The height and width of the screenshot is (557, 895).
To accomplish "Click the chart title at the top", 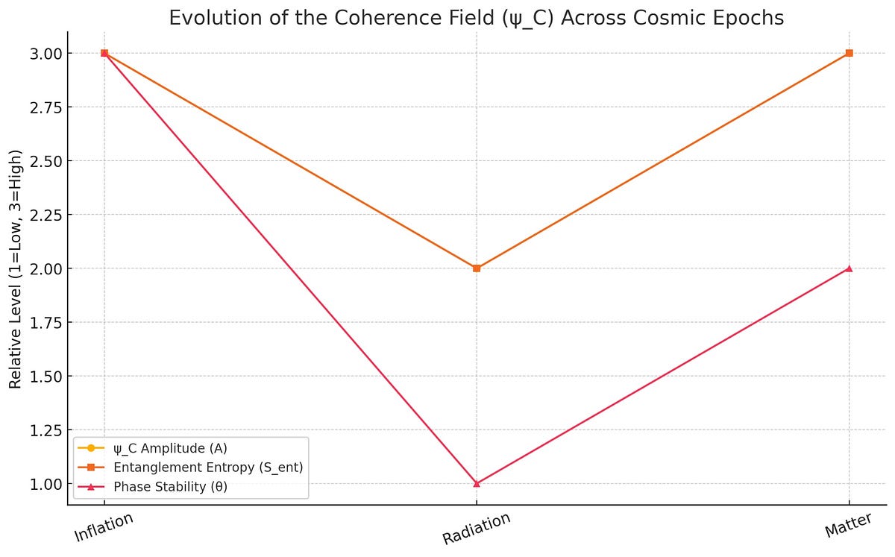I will tap(477, 18).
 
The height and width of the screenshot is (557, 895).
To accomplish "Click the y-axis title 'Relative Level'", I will tap(16, 268).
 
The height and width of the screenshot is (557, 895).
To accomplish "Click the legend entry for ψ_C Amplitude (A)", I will tap(170, 448).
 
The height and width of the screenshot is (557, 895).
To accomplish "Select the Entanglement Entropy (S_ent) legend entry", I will tap(208, 468).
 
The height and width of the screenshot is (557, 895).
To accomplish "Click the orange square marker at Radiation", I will tap(477, 268).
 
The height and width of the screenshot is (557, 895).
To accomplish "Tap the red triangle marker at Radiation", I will tap(477, 483).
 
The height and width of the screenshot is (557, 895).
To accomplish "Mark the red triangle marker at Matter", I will tap(849, 268).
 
